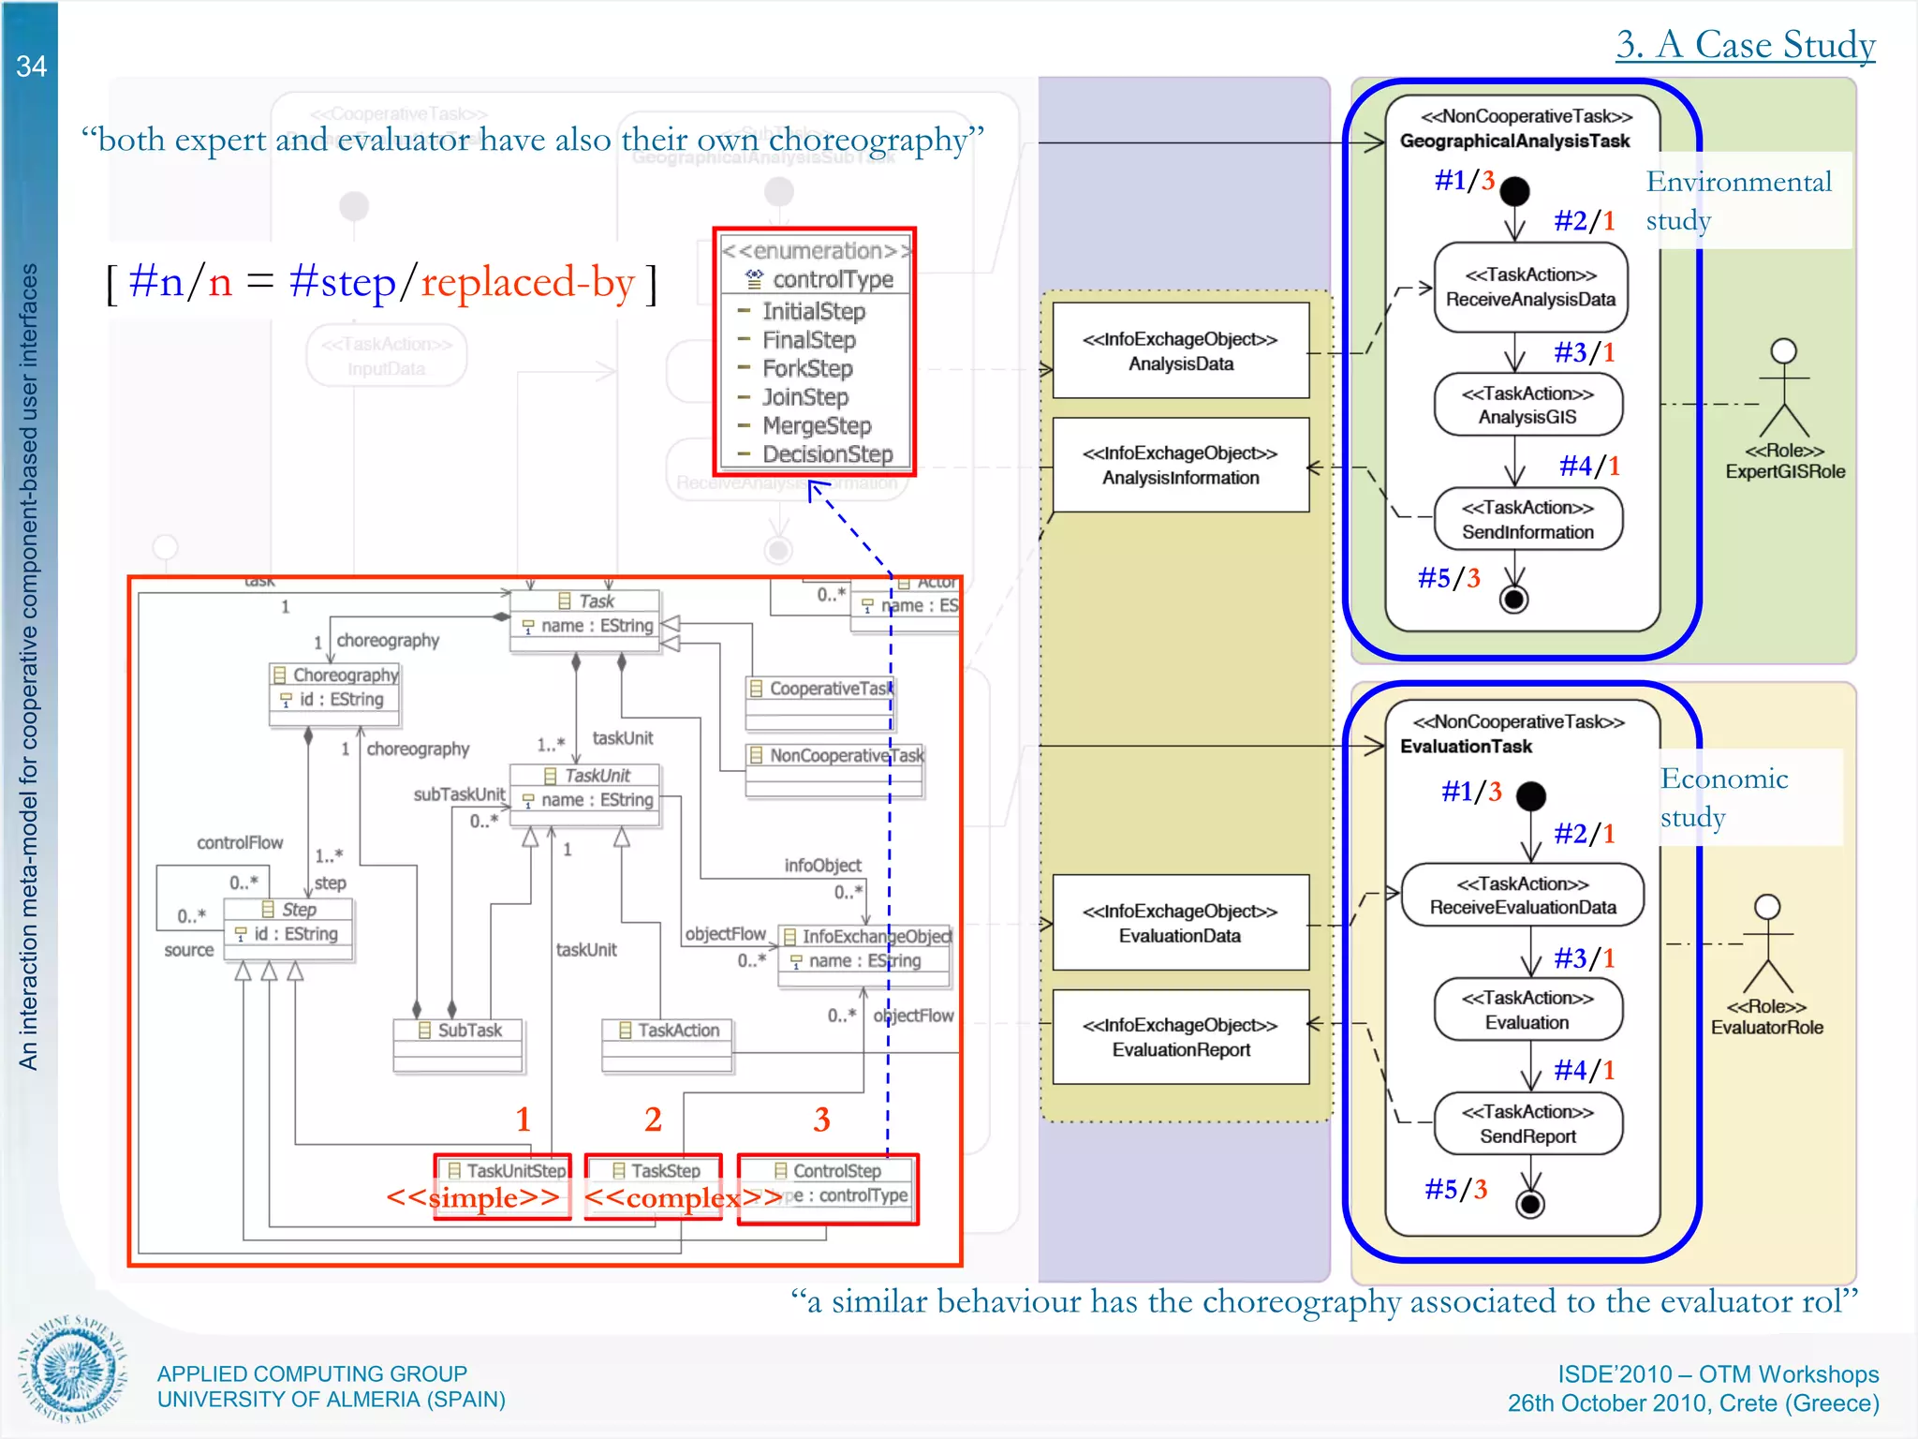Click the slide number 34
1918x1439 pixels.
pos(31,67)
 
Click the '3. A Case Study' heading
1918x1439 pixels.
pos(1745,44)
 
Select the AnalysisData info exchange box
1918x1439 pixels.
pos(1180,351)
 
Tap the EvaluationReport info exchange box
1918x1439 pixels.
pos(1180,1037)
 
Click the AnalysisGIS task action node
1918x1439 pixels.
pos(1527,406)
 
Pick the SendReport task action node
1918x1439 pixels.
pos(1527,1124)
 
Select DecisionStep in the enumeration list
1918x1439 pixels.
pos(826,454)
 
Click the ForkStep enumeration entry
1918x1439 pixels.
pos(806,368)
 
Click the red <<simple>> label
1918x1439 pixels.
pos(473,1197)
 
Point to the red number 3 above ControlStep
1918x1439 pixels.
pos(821,1120)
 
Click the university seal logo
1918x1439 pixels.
pos(73,1369)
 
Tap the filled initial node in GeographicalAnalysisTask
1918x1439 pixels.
pos(1514,191)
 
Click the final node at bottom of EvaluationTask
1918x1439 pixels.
pos(1529,1204)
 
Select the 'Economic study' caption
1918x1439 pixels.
pos(1723,797)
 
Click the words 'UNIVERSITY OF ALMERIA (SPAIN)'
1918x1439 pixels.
pos(331,1400)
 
